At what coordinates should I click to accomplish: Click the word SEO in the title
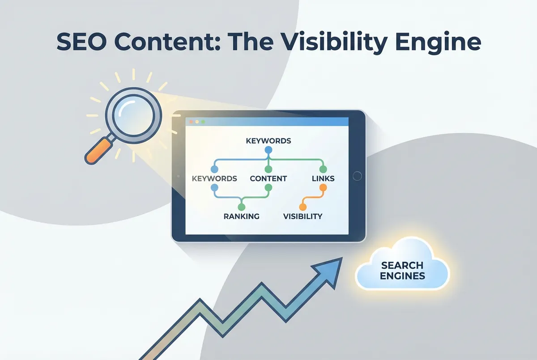(81, 42)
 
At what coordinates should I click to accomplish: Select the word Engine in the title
(438, 43)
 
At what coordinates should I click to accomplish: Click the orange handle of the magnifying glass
(98, 151)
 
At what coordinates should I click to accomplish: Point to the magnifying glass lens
(133, 115)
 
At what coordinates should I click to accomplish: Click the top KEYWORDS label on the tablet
(268, 141)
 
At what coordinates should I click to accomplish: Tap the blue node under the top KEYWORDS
(268, 150)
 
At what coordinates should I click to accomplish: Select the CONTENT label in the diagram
(268, 179)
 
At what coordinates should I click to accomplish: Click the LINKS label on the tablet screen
(323, 179)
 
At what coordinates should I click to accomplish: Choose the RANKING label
(241, 216)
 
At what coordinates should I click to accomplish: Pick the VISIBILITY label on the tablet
(303, 216)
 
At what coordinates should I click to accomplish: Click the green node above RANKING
(241, 207)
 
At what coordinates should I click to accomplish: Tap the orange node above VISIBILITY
(303, 207)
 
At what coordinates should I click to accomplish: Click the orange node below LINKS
(323, 187)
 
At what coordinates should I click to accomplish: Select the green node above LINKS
(323, 169)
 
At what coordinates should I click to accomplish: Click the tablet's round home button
(357, 176)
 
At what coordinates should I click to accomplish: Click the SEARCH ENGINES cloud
(402, 266)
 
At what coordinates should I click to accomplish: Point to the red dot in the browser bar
(192, 122)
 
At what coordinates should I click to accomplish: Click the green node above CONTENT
(268, 169)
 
